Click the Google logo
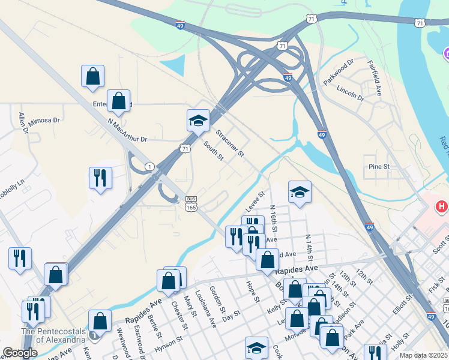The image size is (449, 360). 20,353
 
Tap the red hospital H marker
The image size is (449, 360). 442,207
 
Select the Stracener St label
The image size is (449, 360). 230,144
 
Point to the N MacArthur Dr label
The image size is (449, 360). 127,130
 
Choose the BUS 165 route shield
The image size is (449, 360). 191,203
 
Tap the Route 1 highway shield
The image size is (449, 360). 148,166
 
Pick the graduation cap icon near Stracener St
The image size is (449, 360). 198,121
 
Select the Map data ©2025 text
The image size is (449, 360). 423,355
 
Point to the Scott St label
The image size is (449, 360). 441,243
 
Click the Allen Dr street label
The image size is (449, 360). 23,122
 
